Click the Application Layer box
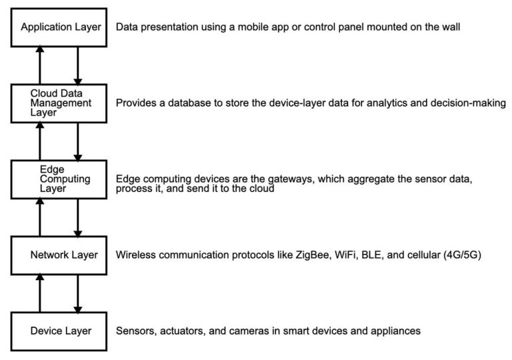(x=61, y=28)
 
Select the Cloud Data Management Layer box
(x=61, y=103)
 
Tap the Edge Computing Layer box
(x=61, y=179)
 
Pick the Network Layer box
(x=61, y=255)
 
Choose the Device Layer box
(x=61, y=331)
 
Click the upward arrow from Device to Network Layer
(x=40, y=293)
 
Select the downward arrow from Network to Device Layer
(x=78, y=293)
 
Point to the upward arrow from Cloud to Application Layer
(x=40, y=65)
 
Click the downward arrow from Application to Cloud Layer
(x=78, y=65)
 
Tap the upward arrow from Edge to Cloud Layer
(x=40, y=141)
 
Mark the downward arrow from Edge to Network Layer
(x=78, y=217)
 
